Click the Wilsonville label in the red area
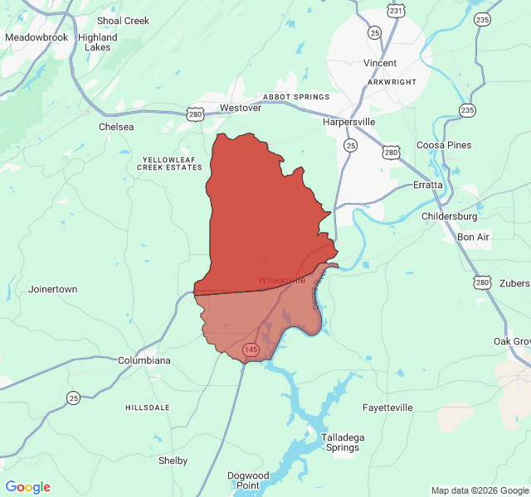click(x=281, y=280)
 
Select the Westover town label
click(x=241, y=108)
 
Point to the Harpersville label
click(x=348, y=122)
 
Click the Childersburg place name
click(x=450, y=216)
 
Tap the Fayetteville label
click(x=387, y=408)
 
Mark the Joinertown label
click(x=52, y=289)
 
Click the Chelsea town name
click(x=116, y=127)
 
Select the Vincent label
click(x=380, y=63)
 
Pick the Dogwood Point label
click(x=248, y=480)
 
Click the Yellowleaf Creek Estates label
click(x=172, y=162)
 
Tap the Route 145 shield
click(x=251, y=350)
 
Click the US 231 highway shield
click(x=397, y=11)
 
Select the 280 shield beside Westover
click(x=195, y=114)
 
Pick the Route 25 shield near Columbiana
click(x=74, y=398)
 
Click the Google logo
click(x=28, y=487)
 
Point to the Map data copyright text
click(x=480, y=490)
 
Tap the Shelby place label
click(x=173, y=461)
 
